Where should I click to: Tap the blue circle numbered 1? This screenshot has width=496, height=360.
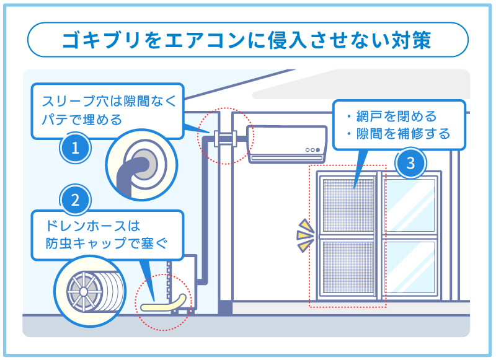click(x=75, y=148)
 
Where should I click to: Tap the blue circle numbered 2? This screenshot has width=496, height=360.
click(x=75, y=200)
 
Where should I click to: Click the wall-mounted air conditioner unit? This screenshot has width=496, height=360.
click(x=288, y=144)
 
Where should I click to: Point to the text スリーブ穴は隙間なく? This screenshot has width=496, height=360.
click(x=109, y=101)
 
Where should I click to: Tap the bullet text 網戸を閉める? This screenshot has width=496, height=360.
click(x=397, y=116)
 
